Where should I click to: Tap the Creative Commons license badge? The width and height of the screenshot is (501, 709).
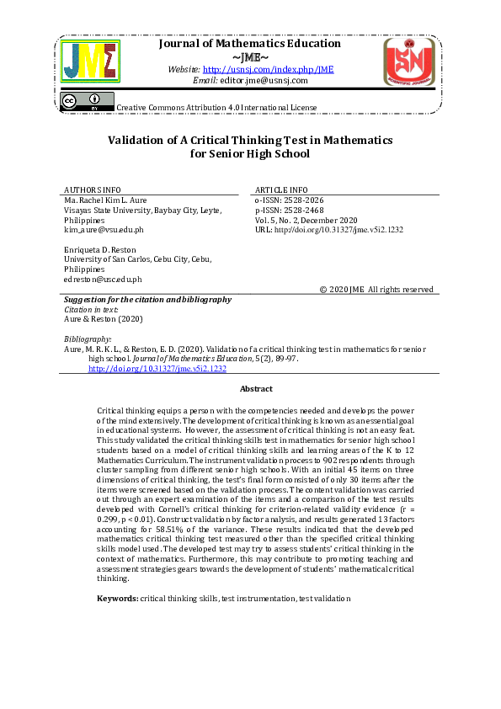click(x=87, y=102)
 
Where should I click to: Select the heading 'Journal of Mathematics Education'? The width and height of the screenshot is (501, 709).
click(x=250, y=44)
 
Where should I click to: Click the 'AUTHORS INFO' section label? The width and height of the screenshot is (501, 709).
click(x=93, y=189)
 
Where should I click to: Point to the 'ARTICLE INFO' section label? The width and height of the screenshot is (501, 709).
click(x=281, y=189)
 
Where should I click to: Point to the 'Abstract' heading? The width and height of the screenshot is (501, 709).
click(x=256, y=388)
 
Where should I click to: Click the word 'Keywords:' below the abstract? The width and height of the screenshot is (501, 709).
click(x=118, y=598)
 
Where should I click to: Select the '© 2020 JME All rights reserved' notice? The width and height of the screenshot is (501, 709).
click(x=376, y=290)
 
